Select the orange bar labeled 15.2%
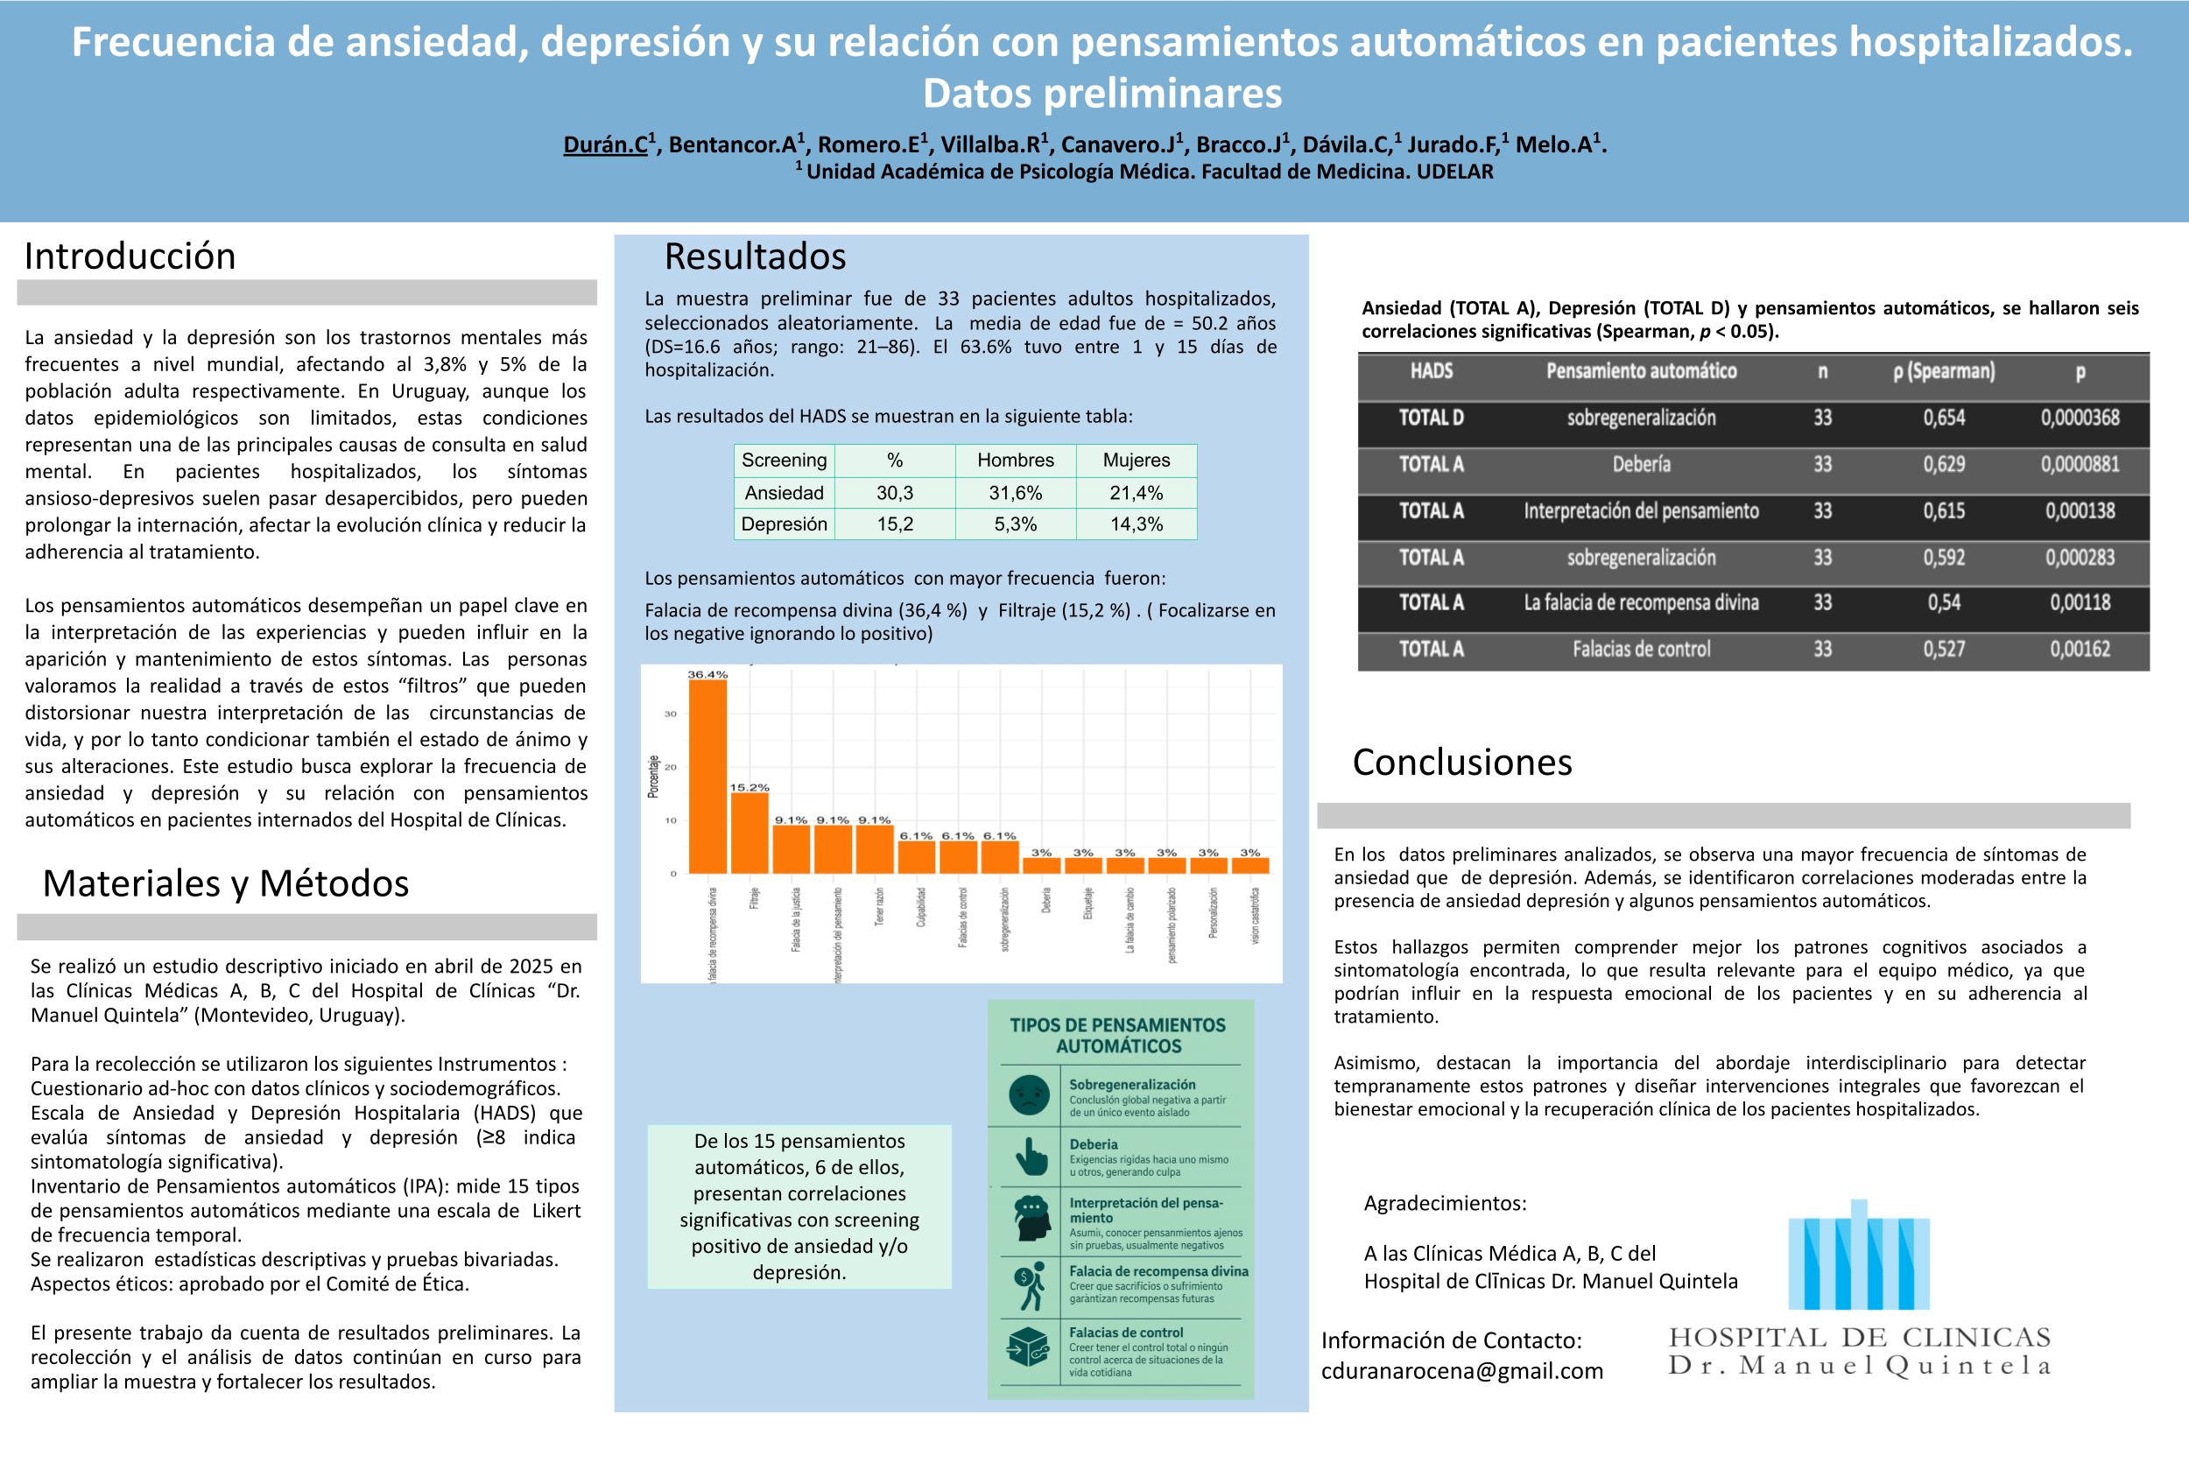(x=749, y=833)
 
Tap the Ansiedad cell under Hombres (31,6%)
(x=1016, y=493)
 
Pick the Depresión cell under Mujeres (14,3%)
(x=1137, y=524)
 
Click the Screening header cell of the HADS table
(x=784, y=461)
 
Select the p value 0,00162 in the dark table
(x=2080, y=649)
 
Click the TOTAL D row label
(x=1431, y=418)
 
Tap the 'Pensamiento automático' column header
(x=1641, y=371)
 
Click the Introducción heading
(x=130, y=257)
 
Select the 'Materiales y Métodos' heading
(x=226, y=884)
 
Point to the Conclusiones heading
(x=1461, y=763)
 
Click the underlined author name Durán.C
(x=606, y=144)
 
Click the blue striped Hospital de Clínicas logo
(x=1858, y=1255)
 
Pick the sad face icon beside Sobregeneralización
(x=1029, y=1095)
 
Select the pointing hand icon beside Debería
(x=1031, y=1157)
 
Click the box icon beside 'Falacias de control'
(x=1027, y=1348)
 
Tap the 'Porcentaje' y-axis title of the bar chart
(x=653, y=777)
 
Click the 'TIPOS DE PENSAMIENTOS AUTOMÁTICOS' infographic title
(x=1117, y=1035)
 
